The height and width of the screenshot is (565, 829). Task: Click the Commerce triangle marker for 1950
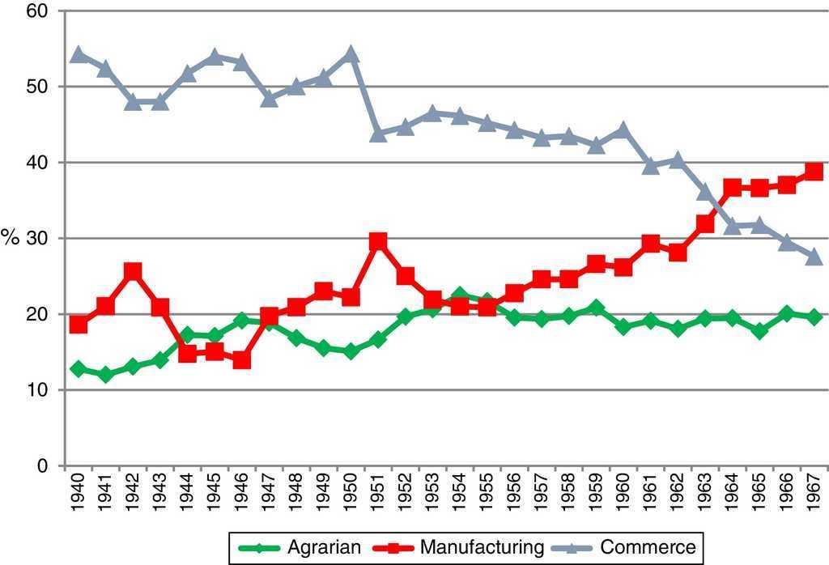click(x=351, y=55)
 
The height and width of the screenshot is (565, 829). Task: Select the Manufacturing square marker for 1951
click(x=378, y=241)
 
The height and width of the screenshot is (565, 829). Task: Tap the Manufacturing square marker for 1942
click(x=133, y=271)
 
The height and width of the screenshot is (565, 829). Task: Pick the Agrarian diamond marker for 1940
click(x=79, y=369)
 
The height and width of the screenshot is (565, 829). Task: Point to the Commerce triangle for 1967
click(x=814, y=257)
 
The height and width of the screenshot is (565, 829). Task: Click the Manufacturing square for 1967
click(x=814, y=172)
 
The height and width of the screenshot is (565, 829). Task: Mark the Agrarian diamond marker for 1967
click(x=814, y=317)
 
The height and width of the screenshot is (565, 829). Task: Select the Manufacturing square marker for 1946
click(x=241, y=360)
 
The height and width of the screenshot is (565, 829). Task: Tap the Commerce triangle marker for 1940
click(x=79, y=55)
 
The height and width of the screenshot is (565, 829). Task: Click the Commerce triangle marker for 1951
click(x=378, y=134)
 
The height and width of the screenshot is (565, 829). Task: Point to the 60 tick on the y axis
click(x=36, y=11)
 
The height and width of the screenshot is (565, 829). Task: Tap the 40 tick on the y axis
click(x=36, y=163)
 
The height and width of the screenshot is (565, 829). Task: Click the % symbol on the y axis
click(x=10, y=238)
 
